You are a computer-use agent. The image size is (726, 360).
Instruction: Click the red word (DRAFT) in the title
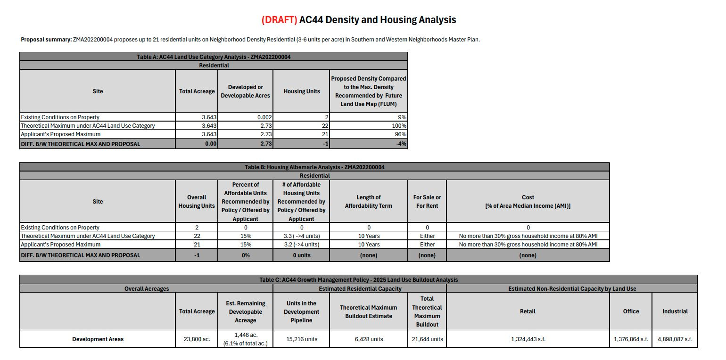[279, 20]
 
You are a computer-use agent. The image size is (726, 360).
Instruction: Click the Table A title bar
[214, 57]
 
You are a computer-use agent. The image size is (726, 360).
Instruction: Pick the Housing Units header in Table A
[301, 91]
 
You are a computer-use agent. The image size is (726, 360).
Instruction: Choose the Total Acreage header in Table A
[197, 91]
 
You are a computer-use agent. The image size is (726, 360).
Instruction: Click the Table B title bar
[314, 167]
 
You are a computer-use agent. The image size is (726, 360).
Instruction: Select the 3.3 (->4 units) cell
[301, 236]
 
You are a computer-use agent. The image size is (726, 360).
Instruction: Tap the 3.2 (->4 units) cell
[301, 245]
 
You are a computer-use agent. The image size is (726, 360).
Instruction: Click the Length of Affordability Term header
[368, 202]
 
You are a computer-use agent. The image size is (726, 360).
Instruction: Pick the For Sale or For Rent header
[427, 202]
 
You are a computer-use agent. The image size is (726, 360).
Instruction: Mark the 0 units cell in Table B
[301, 255]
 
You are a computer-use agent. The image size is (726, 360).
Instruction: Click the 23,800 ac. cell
[197, 339]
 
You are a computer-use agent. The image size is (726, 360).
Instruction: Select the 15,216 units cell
[301, 339]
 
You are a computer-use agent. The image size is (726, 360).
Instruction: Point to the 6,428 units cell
[368, 339]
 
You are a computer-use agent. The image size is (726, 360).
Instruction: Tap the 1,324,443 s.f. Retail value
[528, 339]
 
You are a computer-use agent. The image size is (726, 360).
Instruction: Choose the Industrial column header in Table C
[675, 311]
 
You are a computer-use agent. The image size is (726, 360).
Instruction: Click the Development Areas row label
[98, 339]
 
